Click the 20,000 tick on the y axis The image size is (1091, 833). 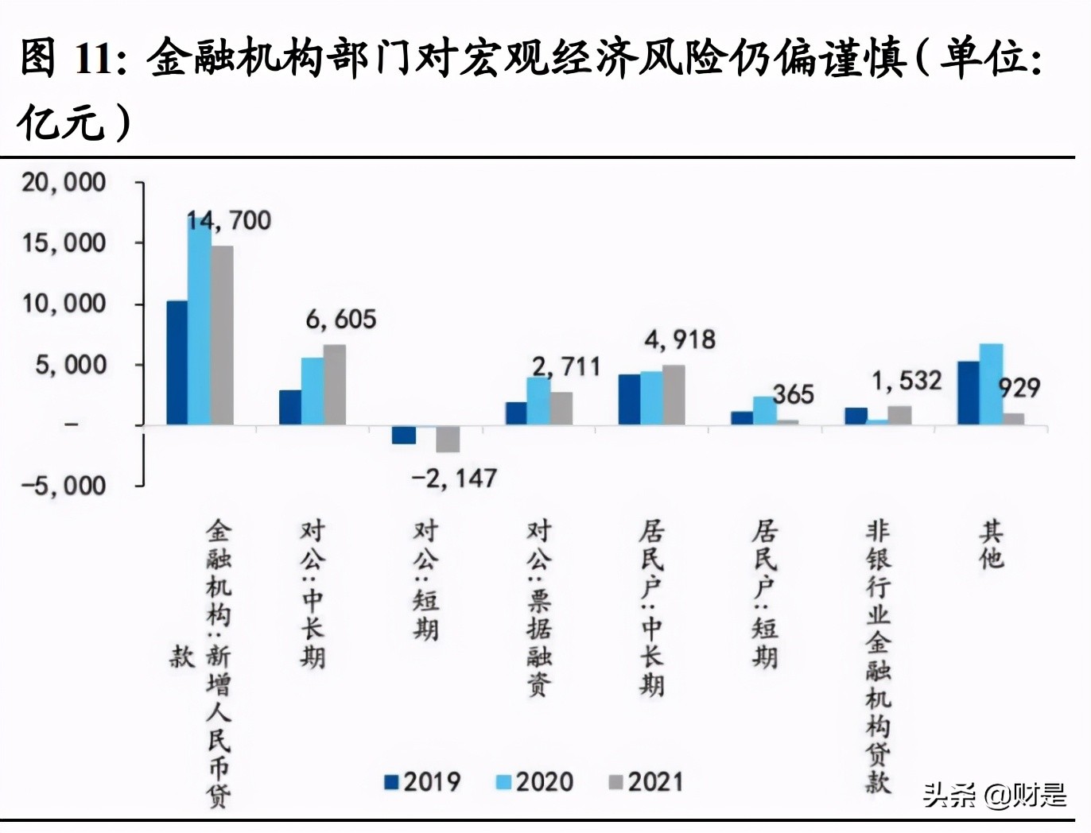pos(64,183)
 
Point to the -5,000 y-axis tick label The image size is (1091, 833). pos(64,485)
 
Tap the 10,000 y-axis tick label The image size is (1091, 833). pos(64,304)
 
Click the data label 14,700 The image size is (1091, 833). pos(229,220)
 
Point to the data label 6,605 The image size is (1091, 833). pos(341,319)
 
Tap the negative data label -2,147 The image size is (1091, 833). pos(454,478)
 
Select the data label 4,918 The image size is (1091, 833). pos(680,340)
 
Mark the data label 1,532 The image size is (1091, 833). pos(907,381)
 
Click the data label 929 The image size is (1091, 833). pos(1019,388)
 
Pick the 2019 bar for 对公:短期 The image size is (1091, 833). pos(404,435)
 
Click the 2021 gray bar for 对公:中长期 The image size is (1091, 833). pos(335,385)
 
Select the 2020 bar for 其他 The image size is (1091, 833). pos(991,384)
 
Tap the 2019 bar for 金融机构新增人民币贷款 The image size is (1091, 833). pos(177,362)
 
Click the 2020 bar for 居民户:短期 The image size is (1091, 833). pos(764,410)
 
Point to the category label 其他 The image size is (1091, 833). pos(991,544)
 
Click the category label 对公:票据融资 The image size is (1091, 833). pos(539,608)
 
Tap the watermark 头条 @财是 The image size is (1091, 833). pos(995,794)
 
